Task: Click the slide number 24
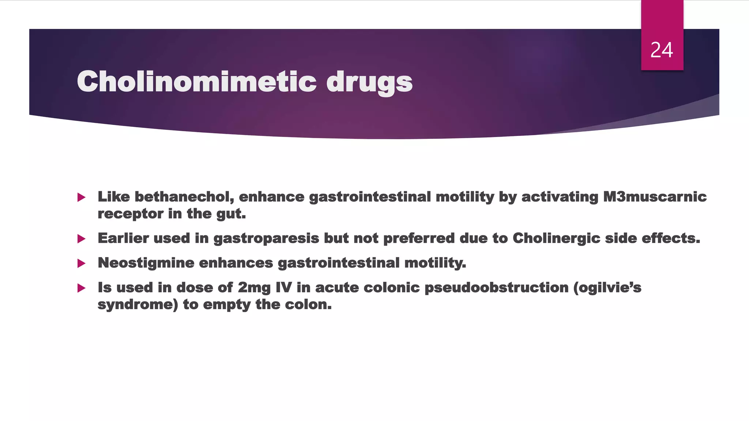662,50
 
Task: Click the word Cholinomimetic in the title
196,81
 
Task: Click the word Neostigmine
146,263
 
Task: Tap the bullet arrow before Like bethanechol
82,198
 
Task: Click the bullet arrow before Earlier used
82,239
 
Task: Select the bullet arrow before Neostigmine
82,263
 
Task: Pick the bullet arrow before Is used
82,288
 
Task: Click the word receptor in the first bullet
130,214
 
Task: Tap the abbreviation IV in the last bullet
283,288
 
